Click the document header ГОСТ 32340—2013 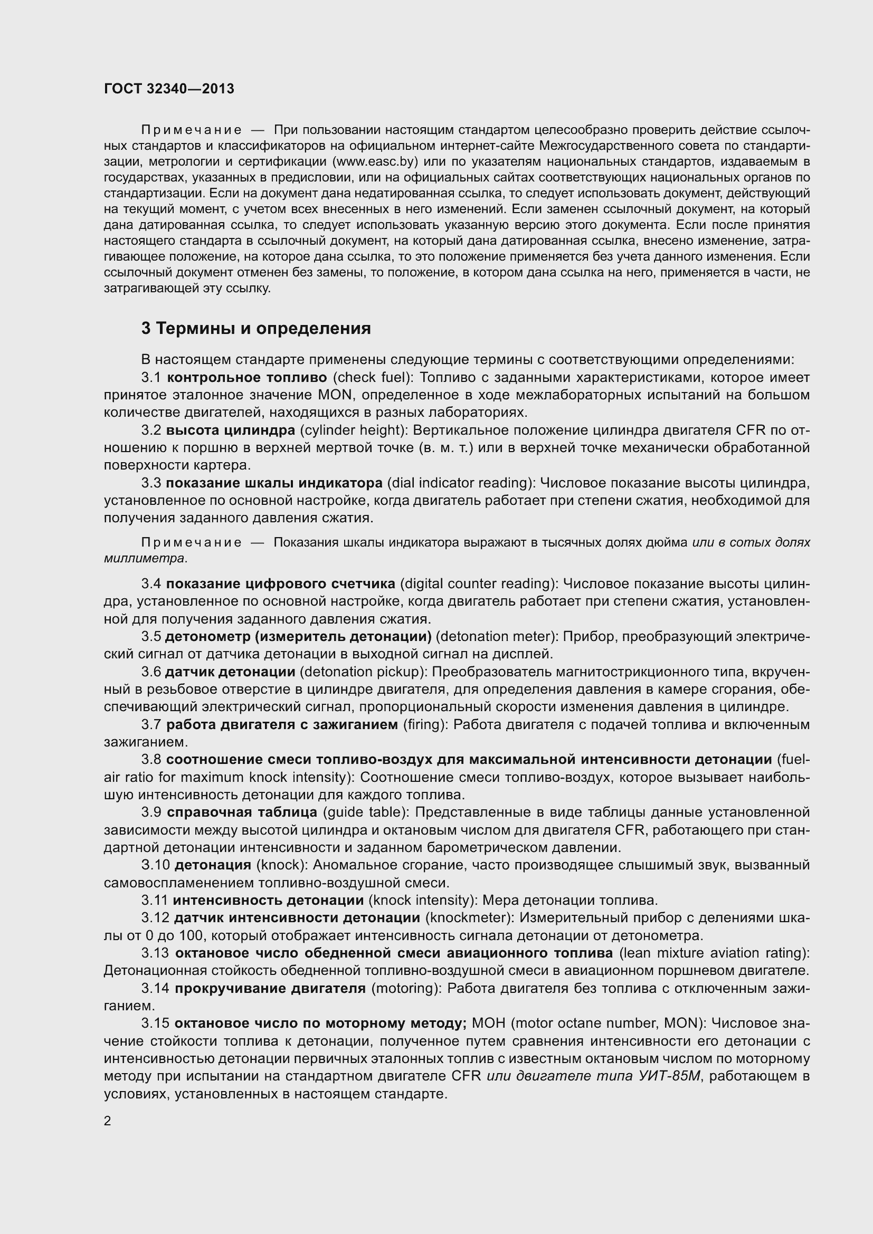(x=169, y=89)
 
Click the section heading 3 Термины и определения (x=256, y=328)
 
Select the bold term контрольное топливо (x=246, y=377)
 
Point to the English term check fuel (x=372, y=377)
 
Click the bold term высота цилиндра (x=231, y=430)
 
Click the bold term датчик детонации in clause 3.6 (x=230, y=672)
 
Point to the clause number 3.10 (x=155, y=865)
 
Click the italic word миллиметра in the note (x=144, y=558)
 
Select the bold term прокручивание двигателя (x=270, y=988)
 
